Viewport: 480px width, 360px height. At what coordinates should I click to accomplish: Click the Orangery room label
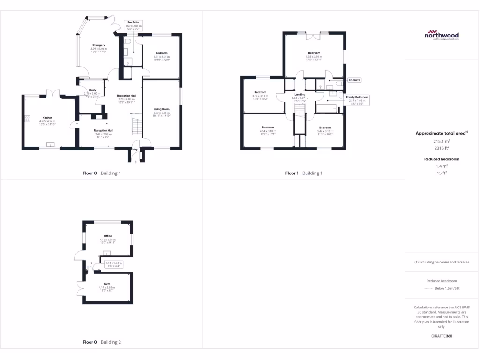pos(98,45)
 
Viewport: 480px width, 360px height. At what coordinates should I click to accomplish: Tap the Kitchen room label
pos(47,118)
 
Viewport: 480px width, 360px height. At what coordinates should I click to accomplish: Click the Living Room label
pos(162,109)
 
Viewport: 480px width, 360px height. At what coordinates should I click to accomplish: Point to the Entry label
pos(135,150)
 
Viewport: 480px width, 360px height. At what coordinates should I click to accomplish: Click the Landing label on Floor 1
pos(300,94)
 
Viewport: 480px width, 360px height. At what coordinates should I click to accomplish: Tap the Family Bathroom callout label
pos(357,97)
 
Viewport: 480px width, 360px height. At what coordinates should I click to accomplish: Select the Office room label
pos(108,236)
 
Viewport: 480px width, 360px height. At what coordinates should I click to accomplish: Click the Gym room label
pos(107,284)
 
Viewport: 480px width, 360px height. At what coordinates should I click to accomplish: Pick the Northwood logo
pos(442,36)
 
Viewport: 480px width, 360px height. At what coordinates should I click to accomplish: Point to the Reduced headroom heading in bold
pos(442,159)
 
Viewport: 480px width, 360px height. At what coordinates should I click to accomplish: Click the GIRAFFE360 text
pos(442,336)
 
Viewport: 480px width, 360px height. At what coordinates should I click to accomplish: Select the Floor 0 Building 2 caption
pos(102,342)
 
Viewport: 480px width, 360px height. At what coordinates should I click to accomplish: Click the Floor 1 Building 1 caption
pos(304,173)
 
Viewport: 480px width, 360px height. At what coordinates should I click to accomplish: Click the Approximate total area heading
pos(441,133)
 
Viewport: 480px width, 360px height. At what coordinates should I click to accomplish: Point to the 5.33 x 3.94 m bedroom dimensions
pos(314,57)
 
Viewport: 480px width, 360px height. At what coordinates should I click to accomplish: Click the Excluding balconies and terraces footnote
pos(442,262)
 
